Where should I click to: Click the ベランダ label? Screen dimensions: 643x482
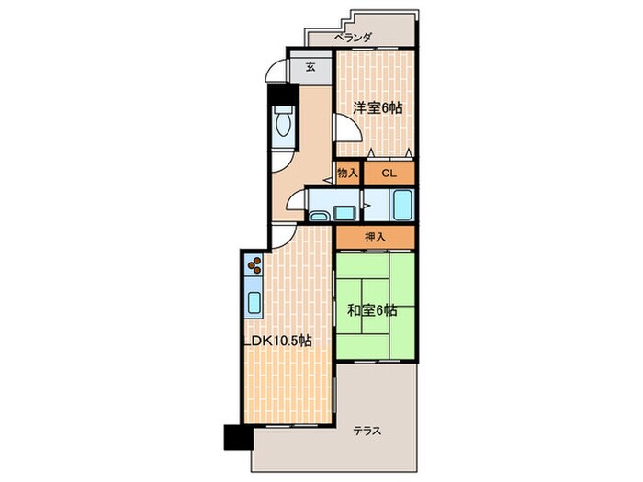[353, 38]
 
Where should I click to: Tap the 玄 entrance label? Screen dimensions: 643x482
[310, 66]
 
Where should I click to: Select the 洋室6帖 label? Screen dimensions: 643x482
[378, 107]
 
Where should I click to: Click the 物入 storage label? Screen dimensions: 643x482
[347, 173]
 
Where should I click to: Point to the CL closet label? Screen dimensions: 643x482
[389, 173]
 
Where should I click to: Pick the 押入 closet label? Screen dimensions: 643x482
[375, 237]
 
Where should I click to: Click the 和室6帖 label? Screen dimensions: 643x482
[372, 310]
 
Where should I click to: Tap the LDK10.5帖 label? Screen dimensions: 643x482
[278, 341]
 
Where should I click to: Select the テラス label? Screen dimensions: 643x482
[367, 431]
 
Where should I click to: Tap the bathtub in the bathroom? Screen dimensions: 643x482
[402, 206]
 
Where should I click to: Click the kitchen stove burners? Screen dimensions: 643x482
[254, 264]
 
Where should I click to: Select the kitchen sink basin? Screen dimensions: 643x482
[255, 303]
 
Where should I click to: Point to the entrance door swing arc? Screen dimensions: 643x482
[275, 70]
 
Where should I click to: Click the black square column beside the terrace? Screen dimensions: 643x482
[238, 437]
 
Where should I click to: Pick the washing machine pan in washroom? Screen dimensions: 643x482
[344, 213]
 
